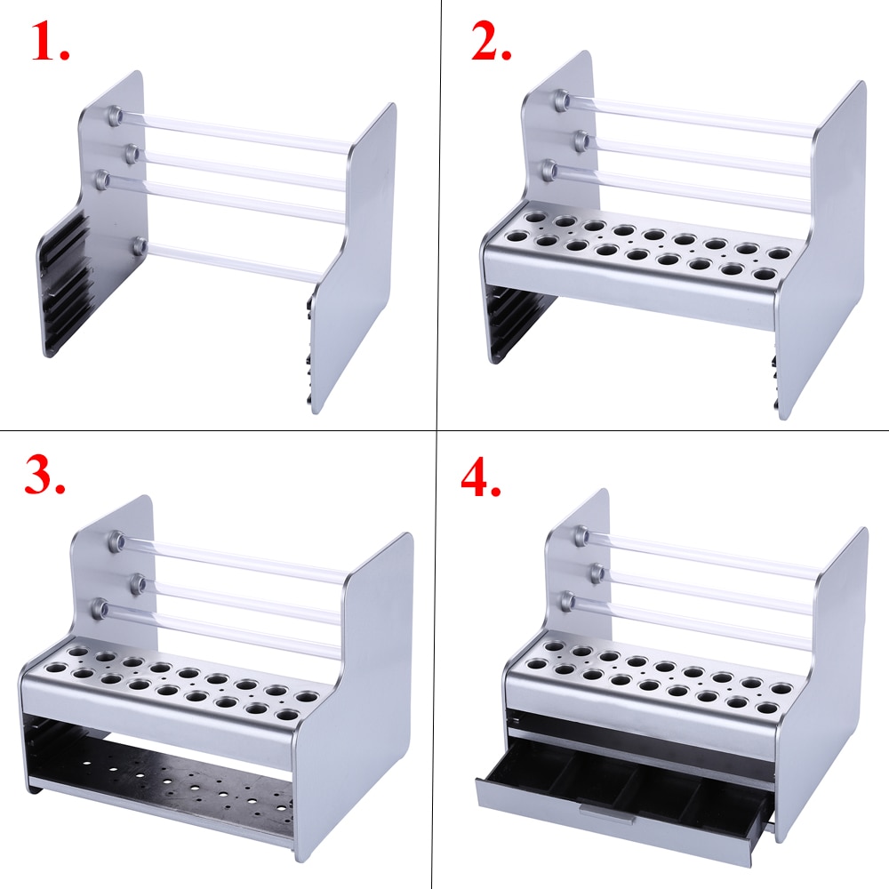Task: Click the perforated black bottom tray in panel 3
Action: coord(169,787)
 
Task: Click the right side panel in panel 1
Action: coord(351,258)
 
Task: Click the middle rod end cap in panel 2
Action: coord(581,138)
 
